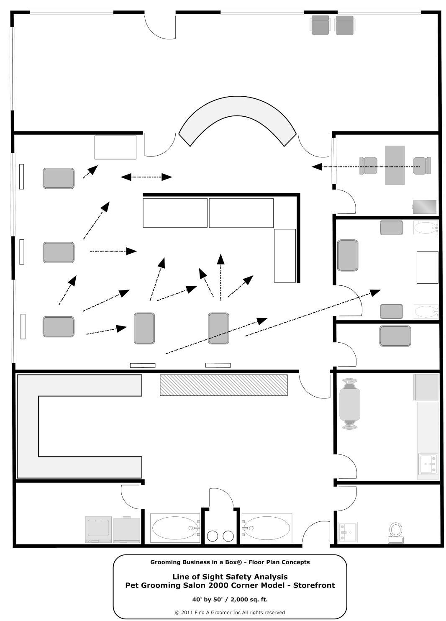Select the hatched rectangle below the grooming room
pyautogui.click(x=223, y=385)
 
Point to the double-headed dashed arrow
pyautogui.click(x=146, y=177)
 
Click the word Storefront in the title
pyautogui.click(x=314, y=585)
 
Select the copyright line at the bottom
pyautogui.click(x=230, y=612)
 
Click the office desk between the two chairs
pyautogui.click(x=395, y=165)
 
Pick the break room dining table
pyautogui.click(x=350, y=404)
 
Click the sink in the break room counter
pyautogui.click(x=428, y=464)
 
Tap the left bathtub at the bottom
pyautogui.click(x=174, y=528)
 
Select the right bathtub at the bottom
pyautogui.click(x=266, y=528)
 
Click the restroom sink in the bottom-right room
pyautogui.click(x=348, y=532)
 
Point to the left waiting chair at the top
pyautogui.click(x=320, y=25)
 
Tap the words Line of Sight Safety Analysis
pyautogui.click(x=230, y=577)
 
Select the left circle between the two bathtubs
pyautogui.click(x=213, y=536)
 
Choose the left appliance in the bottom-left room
pyautogui.click(x=99, y=529)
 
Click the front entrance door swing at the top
pyautogui.click(x=160, y=26)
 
